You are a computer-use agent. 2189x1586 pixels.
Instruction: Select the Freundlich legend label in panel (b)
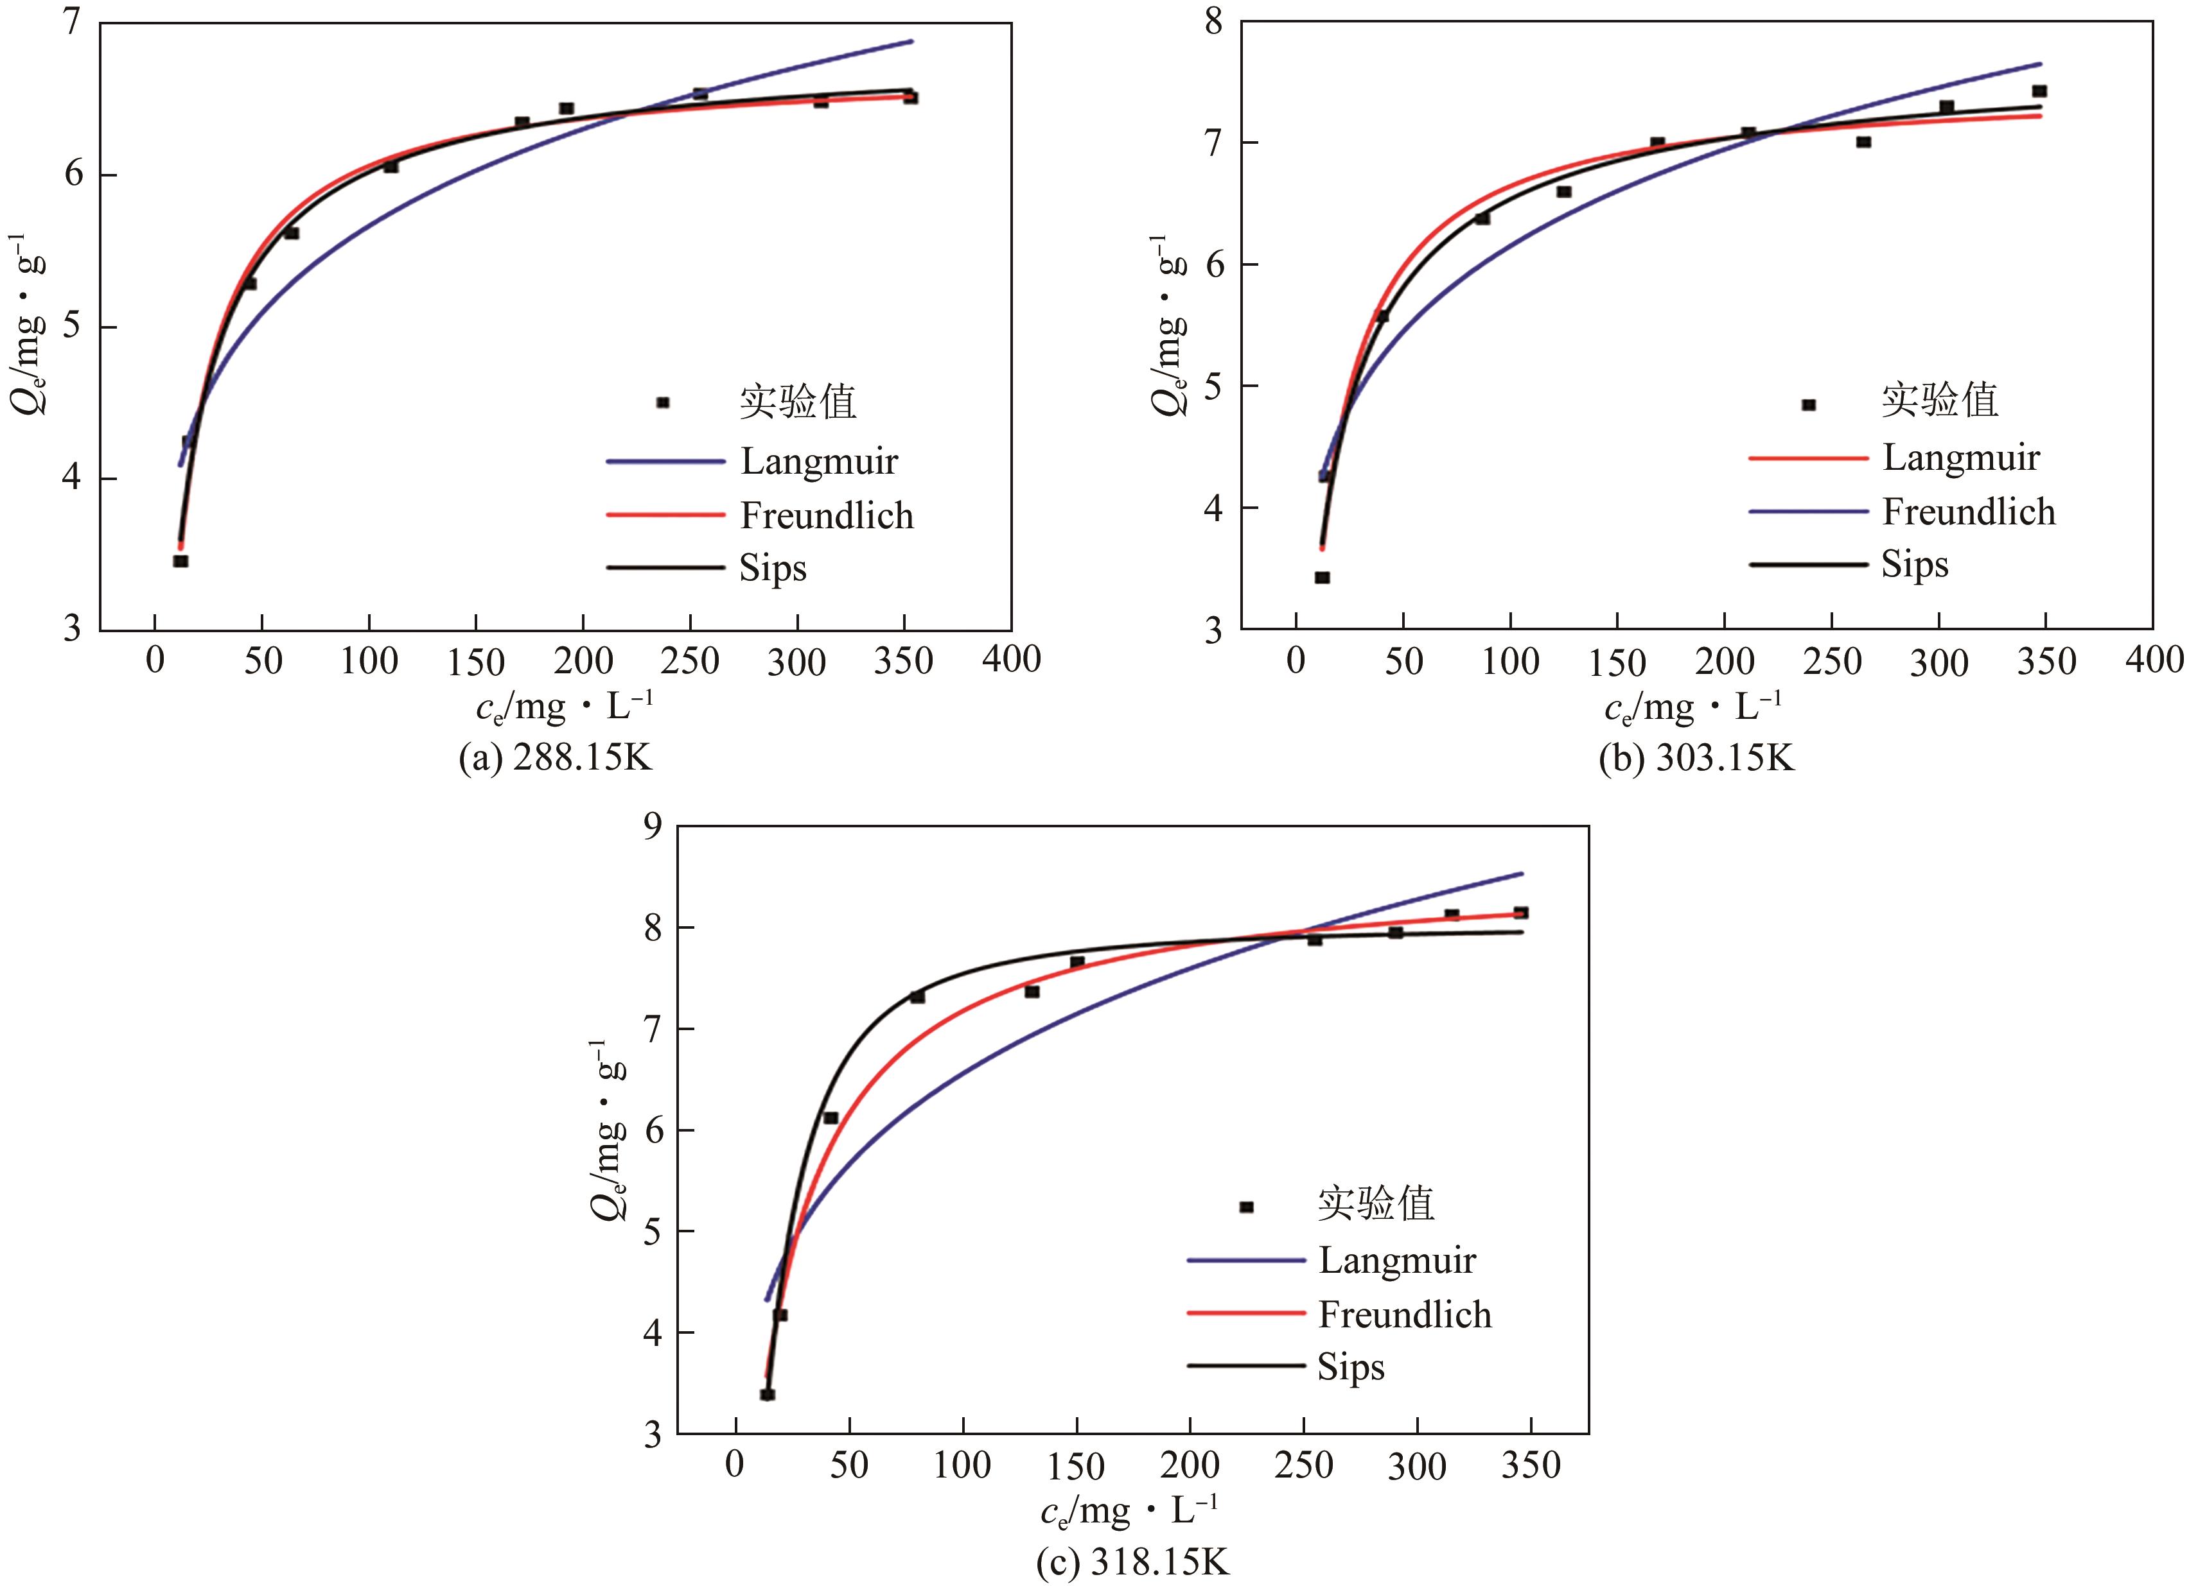(x=1968, y=512)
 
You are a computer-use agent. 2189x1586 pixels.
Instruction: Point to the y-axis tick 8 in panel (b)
(x=1213, y=21)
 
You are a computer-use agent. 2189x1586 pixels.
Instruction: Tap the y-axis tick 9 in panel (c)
(x=653, y=826)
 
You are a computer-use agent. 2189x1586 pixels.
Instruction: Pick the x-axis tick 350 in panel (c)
(x=1531, y=1465)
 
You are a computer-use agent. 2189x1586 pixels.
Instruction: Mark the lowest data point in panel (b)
(x=1323, y=578)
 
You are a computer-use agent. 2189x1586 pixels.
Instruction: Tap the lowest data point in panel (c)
(x=768, y=1394)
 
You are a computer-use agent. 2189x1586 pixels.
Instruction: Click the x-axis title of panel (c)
(x=1129, y=1511)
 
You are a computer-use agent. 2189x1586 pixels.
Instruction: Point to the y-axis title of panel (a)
(x=29, y=323)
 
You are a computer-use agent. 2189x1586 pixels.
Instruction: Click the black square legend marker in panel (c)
(x=1246, y=1207)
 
